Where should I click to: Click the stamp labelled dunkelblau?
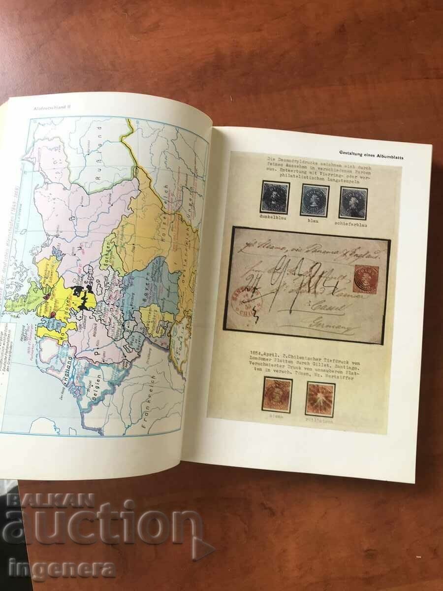click(x=275, y=197)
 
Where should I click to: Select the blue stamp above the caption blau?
click(x=315, y=200)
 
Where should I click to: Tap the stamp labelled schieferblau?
click(x=352, y=202)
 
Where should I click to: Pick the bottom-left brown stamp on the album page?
click(x=277, y=394)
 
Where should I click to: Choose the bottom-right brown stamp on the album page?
click(x=320, y=397)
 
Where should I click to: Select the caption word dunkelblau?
click(x=274, y=217)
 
